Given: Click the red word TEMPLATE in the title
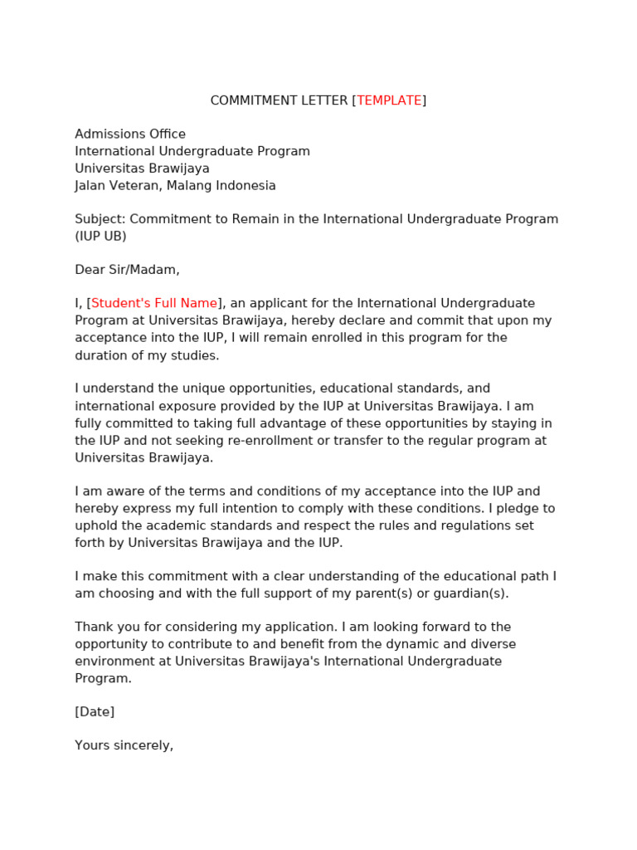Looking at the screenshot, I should point(389,100).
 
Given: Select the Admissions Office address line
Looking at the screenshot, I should point(130,134).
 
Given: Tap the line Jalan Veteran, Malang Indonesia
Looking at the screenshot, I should point(175,186).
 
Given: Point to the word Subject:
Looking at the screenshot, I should point(100,219).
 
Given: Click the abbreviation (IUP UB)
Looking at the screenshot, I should point(100,237).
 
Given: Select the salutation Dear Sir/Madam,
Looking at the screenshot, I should point(127,270).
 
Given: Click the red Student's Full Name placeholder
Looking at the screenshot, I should point(154,304).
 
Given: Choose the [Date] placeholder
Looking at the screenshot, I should point(95,712).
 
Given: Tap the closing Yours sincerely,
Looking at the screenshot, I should point(124,745).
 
